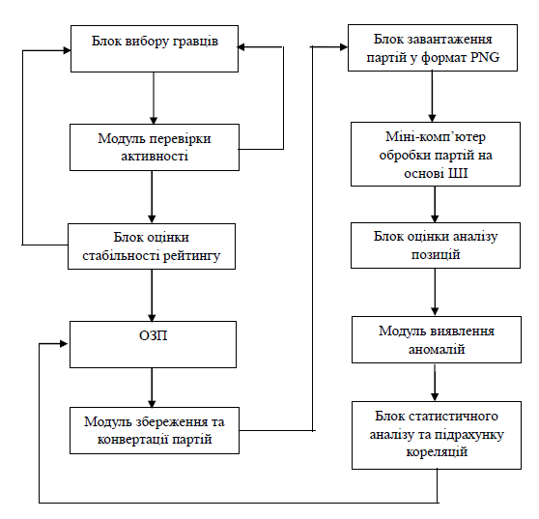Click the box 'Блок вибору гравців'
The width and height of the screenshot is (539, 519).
[155, 48]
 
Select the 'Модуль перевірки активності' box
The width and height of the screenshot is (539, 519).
[155, 147]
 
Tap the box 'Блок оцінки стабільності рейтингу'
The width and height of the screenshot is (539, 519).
[152, 246]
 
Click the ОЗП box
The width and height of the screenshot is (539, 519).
[153, 344]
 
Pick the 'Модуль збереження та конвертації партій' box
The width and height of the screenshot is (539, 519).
[155, 430]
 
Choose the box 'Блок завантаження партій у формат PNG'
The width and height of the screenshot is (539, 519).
[433, 47]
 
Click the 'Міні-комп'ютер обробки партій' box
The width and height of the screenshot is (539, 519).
[436, 154]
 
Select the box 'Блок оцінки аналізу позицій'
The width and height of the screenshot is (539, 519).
[436, 245]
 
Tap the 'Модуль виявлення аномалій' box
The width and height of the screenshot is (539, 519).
[437, 339]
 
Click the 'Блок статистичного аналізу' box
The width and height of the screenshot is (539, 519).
[437, 435]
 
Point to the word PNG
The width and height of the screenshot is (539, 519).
[485, 57]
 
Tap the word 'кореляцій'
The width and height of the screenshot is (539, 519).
[437, 451]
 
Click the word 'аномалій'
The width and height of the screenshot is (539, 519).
[437, 350]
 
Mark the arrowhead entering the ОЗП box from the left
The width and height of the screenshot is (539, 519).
[64, 344]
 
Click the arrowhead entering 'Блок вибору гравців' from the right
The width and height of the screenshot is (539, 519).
[241, 46]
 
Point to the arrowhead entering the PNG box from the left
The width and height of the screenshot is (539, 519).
[344, 47]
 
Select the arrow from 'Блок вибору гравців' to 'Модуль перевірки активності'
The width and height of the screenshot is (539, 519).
[154, 98]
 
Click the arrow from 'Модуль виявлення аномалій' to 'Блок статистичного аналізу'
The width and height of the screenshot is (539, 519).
[435, 382]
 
